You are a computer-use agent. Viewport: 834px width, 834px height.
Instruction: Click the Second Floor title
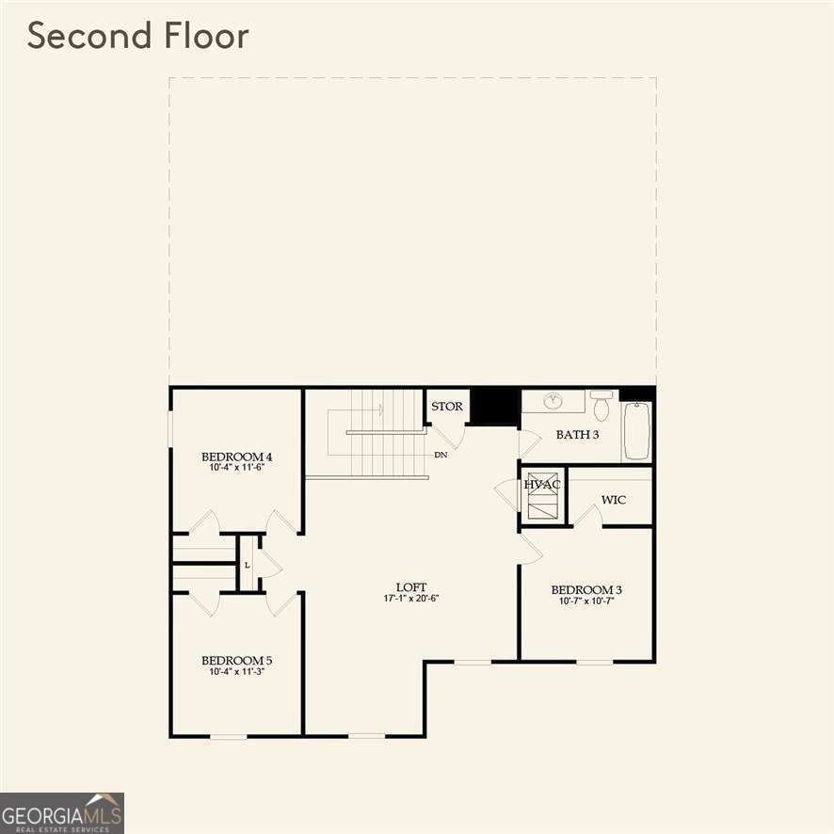point(137,36)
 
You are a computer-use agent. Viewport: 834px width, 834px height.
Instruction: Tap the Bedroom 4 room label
point(237,457)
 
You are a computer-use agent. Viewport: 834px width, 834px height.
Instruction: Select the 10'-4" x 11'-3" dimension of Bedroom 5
point(237,671)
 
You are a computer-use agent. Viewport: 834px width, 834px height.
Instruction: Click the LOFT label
point(411,585)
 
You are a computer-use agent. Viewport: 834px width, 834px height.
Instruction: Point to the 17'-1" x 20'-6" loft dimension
point(411,599)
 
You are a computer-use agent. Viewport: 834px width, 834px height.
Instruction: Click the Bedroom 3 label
point(586,590)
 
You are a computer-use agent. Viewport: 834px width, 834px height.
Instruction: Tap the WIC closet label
point(613,499)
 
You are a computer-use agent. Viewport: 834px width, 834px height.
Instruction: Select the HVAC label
point(542,485)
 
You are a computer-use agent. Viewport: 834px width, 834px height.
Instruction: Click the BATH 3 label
point(577,434)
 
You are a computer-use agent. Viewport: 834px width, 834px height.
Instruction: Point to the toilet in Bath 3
point(601,407)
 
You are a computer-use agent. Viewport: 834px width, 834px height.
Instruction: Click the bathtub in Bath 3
point(637,430)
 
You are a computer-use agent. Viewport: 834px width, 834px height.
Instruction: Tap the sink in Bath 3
point(553,401)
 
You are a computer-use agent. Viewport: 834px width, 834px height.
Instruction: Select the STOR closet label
point(447,407)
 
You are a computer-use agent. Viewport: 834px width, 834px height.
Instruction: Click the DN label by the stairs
point(441,455)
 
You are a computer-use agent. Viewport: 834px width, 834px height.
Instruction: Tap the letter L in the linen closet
point(247,565)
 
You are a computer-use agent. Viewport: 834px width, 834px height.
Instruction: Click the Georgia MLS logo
point(62,812)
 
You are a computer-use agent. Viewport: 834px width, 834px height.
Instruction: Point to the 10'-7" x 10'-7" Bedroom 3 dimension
point(586,601)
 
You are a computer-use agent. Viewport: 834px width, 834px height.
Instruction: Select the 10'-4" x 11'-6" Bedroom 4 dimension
point(237,467)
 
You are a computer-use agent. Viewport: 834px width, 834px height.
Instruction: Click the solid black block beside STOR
point(494,407)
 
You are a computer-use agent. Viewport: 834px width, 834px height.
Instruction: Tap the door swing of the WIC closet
point(589,516)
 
